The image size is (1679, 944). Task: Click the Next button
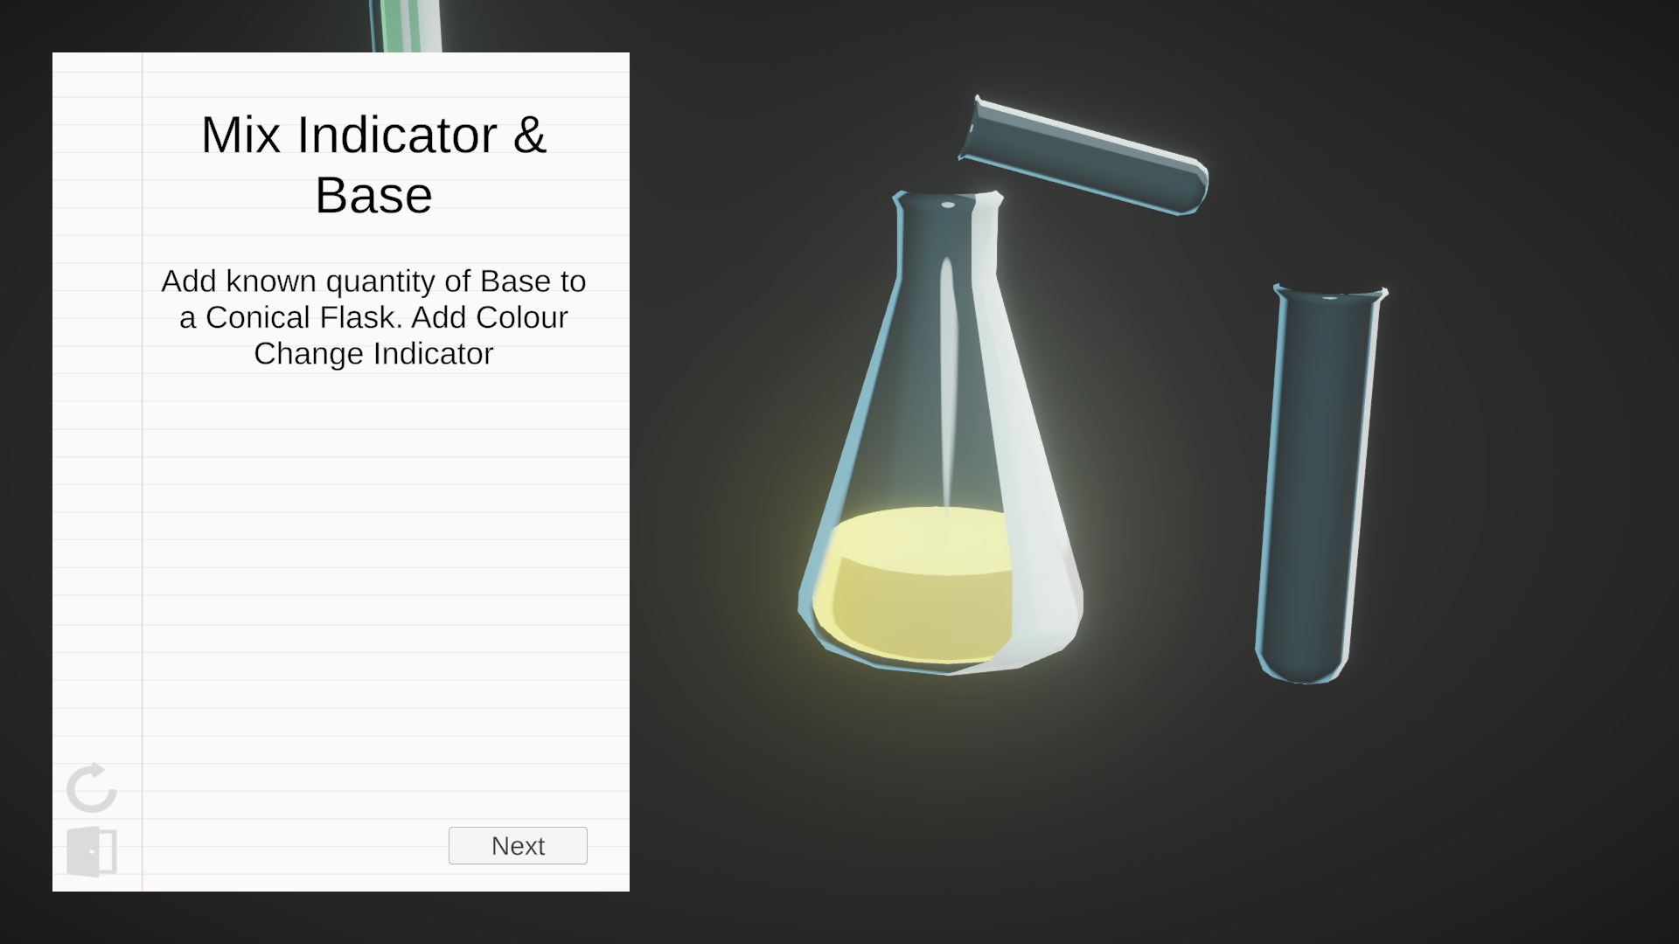click(518, 845)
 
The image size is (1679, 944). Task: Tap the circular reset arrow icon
click(91, 788)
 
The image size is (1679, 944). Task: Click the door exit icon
click(92, 851)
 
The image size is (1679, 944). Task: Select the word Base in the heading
click(373, 195)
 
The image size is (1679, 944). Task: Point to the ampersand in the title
click(529, 135)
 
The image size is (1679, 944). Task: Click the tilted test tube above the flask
click(1084, 155)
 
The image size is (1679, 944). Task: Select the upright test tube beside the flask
click(1320, 483)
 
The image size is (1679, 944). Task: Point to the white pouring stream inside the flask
click(948, 385)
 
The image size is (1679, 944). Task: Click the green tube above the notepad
click(405, 25)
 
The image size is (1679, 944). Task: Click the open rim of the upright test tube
click(1331, 292)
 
